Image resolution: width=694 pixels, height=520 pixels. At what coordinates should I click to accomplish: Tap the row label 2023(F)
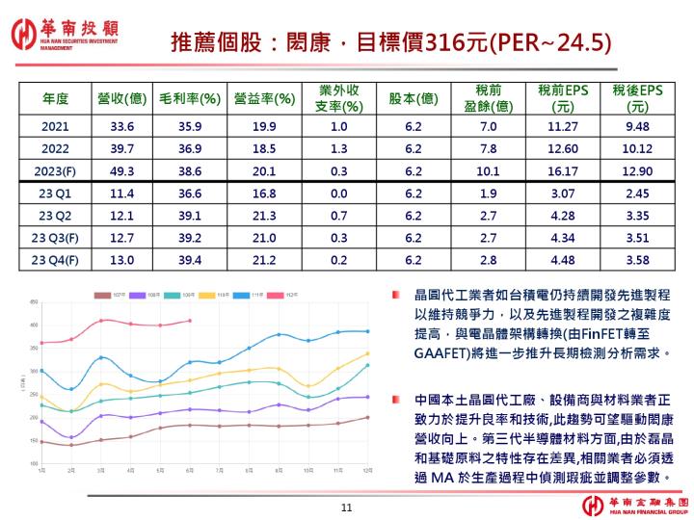point(56,170)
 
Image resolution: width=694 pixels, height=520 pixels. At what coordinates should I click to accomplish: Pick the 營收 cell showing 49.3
point(120,170)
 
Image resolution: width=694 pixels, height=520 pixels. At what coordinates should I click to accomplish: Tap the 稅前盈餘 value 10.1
point(488,170)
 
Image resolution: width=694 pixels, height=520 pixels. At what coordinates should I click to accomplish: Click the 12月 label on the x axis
point(367,471)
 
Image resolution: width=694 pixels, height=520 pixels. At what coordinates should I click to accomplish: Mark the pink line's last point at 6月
point(190,321)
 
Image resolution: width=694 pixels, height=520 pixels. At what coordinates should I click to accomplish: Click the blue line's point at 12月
point(367,331)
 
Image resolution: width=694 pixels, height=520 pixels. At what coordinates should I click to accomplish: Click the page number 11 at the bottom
point(348,507)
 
